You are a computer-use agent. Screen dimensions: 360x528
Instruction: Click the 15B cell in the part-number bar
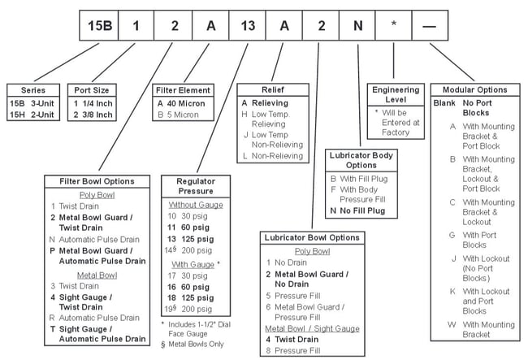[98, 24]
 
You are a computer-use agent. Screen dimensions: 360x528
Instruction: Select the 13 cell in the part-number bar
[249, 24]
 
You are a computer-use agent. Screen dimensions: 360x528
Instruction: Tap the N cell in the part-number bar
[357, 24]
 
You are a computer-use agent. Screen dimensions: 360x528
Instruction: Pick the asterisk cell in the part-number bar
[393, 24]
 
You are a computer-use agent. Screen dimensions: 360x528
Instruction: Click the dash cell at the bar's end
[430, 24]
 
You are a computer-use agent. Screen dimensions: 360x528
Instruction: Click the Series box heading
[32, 90]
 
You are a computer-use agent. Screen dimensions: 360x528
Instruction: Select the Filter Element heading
[184, 90]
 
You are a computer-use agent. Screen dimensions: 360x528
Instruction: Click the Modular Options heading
[475, 89]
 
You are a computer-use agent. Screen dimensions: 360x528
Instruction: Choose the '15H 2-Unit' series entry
[33, 115]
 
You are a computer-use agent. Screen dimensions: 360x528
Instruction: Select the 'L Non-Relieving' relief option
[275, 155]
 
